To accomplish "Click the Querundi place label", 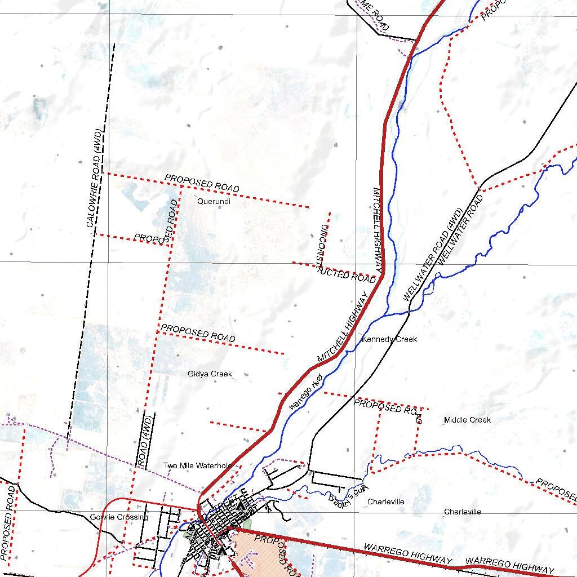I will click(214, 201).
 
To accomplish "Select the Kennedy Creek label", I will click(389, 339).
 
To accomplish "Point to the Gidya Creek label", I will click(210, 374).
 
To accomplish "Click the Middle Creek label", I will click(467, 420).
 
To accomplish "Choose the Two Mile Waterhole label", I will click(197, 465).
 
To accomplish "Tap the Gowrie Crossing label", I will click(119, 517).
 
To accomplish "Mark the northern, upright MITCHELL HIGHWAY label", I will click(378, 230).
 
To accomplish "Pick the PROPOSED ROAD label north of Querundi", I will click(202, 183).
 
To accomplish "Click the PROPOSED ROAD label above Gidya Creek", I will click(197, 332).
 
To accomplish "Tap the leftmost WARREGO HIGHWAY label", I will click(407, 554).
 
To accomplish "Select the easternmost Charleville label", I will click(462, 512).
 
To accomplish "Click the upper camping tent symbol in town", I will click(241, 506).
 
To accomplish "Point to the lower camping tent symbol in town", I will click(223, 549).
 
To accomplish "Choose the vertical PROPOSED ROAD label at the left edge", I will click(8, 524).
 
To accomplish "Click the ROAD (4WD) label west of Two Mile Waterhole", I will click(145, 442).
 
